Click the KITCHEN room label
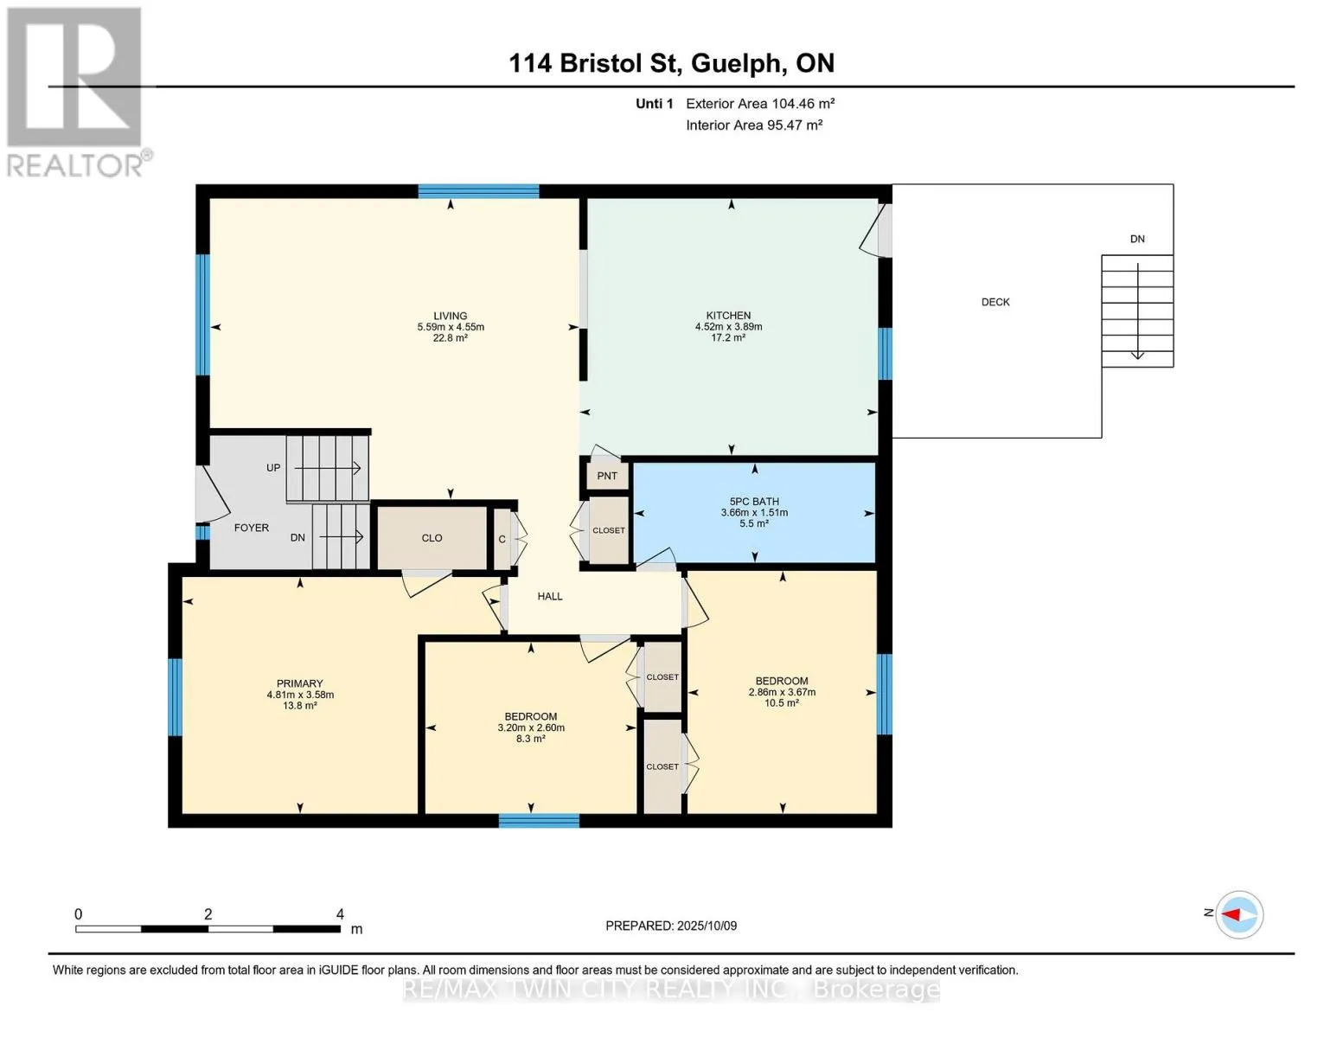click(728, 316)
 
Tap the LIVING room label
click(450, 316)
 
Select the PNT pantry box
click(607, 476)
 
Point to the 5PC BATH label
click(754, 502)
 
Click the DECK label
click(995, 302)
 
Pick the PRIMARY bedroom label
click(300, 683)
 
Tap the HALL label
click(549, 596)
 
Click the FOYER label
click(252, 528)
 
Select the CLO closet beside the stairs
click(432, 538)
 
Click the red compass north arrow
click(1231, 914)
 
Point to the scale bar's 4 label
click(340, 913)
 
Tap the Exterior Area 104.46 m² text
click(760, 103)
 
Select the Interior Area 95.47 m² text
click(754, 125)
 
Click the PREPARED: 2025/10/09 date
click(671, 926)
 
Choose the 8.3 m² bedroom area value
click(531, 738)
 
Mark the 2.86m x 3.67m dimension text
click(782, 692)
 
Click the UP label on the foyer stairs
click(273, 468)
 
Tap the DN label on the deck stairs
click(1137, 239)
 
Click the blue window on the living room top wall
click(478, 191)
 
